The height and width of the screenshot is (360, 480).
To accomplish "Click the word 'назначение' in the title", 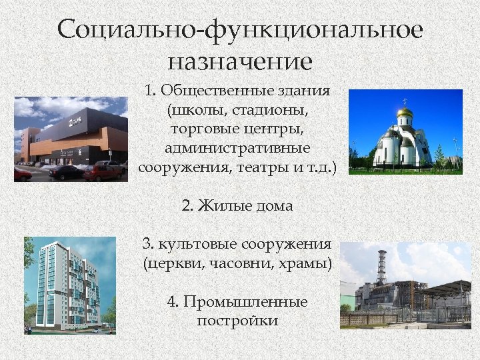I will pos(240,62).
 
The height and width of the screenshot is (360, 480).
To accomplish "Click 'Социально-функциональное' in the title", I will pos(240,30).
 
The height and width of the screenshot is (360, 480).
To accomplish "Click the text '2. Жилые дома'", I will pos(237,206).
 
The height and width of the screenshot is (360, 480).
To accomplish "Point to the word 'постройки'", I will pos(237,321).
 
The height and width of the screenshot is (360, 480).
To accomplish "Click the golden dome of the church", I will pos(404,115).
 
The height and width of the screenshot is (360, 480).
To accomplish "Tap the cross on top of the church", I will pos(404,101).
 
